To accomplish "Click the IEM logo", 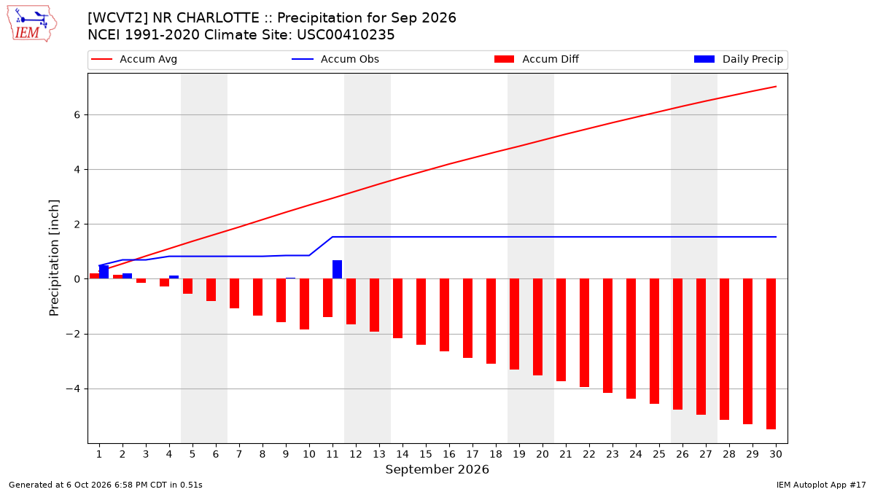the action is tap(32, 24).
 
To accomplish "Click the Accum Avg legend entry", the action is tap(134, 59).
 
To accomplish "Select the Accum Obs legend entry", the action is tap(335, 59).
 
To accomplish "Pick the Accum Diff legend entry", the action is tap(537, 59).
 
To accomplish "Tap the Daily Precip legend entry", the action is tap(738, 59).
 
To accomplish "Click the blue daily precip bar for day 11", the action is tap(337, 270).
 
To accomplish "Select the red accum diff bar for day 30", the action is tap(771, 354).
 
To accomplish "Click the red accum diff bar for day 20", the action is tap(537, 327).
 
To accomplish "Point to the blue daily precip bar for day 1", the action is tap(104, 272).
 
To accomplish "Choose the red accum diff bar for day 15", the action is tap(421, 312).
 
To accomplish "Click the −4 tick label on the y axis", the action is tap(73, 389).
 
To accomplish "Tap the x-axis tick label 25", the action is tap(659, 454).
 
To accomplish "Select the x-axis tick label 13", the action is tap(379, 454).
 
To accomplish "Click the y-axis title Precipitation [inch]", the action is tap(54, 258).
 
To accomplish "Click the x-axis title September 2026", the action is tap(437, 469).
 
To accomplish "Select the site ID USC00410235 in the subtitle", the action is tap(346, 35).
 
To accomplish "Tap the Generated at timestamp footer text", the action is tap(106, 485).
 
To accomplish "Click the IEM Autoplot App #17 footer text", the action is tap(821, 485).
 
